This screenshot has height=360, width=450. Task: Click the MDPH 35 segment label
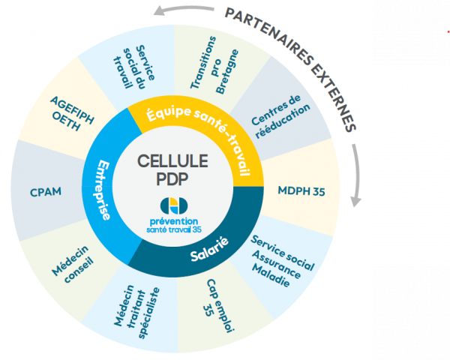[x=300, y=190]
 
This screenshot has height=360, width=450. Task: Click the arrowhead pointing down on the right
[x=357, y=200]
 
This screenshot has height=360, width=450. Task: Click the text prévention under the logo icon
[x=173, y=221]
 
